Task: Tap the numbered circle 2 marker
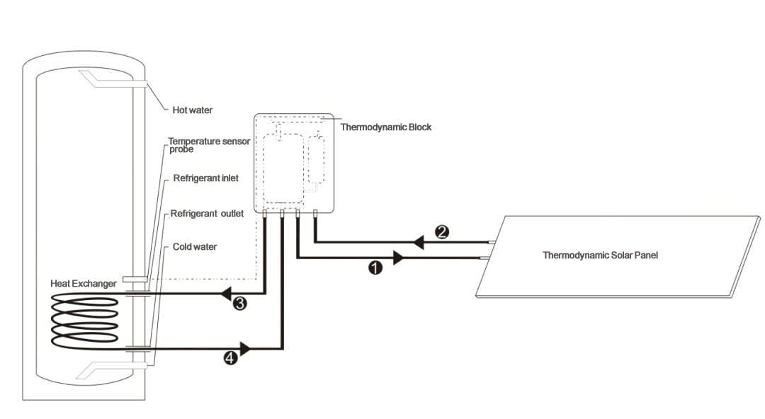441,231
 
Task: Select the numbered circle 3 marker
240,304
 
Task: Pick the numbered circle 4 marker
230,358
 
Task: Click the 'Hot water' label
193,110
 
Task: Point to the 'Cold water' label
195,247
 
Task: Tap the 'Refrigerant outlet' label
207,213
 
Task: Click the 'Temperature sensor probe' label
208,145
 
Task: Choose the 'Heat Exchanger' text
84,283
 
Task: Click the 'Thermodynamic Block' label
386,127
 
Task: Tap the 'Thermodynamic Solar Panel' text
600,255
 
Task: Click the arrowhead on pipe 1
398,258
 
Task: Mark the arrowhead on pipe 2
419,243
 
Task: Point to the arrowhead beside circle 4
245,348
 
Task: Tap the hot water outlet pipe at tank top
113,80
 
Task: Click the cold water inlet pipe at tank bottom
113,368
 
